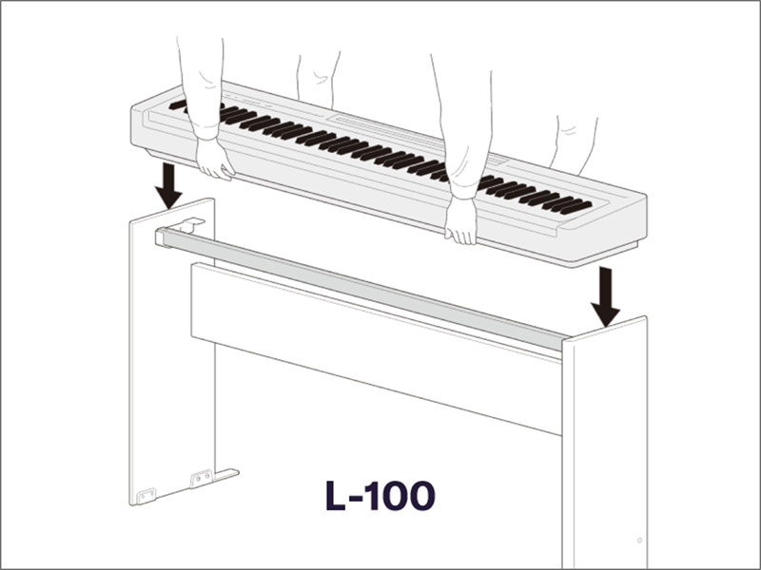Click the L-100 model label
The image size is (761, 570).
pyautogui.click(x=380, y=495)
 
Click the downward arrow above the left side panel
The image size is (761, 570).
pyautogui.click(x=169, y=185)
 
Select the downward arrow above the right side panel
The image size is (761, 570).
pyautogui.click(x=605, y=294)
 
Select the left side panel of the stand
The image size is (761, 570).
pyautogui.click(x=171, y=361)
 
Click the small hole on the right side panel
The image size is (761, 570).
pyautogui.click(x=637, y=541)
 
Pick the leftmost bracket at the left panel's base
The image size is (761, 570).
pyautogui.click(x=146, y=496)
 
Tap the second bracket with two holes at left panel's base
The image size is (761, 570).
pyautogui.click(x=201, y=479)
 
